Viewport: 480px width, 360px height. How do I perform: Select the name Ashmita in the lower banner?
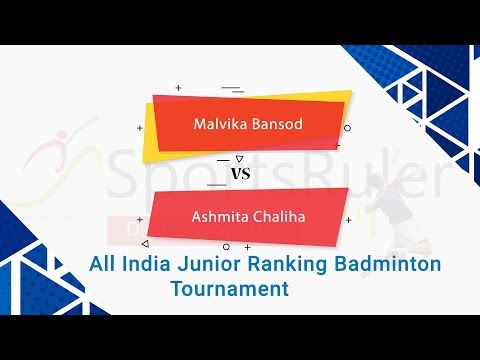(218, 215)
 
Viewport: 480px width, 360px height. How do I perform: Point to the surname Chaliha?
(274, 215)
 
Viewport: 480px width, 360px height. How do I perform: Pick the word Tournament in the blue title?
(229, 288)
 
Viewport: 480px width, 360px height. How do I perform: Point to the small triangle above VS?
(238, 158)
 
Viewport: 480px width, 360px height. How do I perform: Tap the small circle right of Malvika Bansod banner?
(347, 128)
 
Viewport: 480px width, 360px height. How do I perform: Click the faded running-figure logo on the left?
(60, 160)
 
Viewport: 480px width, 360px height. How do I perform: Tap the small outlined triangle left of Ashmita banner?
(144, 242)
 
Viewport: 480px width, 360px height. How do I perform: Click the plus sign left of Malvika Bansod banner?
(139, 127)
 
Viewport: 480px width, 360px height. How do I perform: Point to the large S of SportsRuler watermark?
(130, 177)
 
